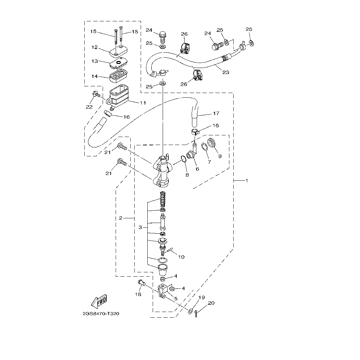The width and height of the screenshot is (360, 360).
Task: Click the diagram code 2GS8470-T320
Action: (101, 314)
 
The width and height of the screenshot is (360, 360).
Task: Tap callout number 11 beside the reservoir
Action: (143, 103)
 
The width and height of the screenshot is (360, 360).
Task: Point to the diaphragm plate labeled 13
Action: (119, 62)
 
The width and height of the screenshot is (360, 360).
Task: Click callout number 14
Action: (95, 76)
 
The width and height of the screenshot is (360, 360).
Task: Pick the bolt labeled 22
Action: (96, 95)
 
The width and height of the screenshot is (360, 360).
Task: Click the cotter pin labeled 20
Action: (197, 313)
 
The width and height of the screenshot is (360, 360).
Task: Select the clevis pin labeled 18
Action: (142, 284)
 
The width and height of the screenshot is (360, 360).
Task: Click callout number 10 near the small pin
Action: (181, 257)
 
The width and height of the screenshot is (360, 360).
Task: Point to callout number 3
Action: (140, 227)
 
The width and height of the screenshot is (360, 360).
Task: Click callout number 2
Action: (121, 218)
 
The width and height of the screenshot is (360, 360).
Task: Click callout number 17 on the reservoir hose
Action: (216, 113)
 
